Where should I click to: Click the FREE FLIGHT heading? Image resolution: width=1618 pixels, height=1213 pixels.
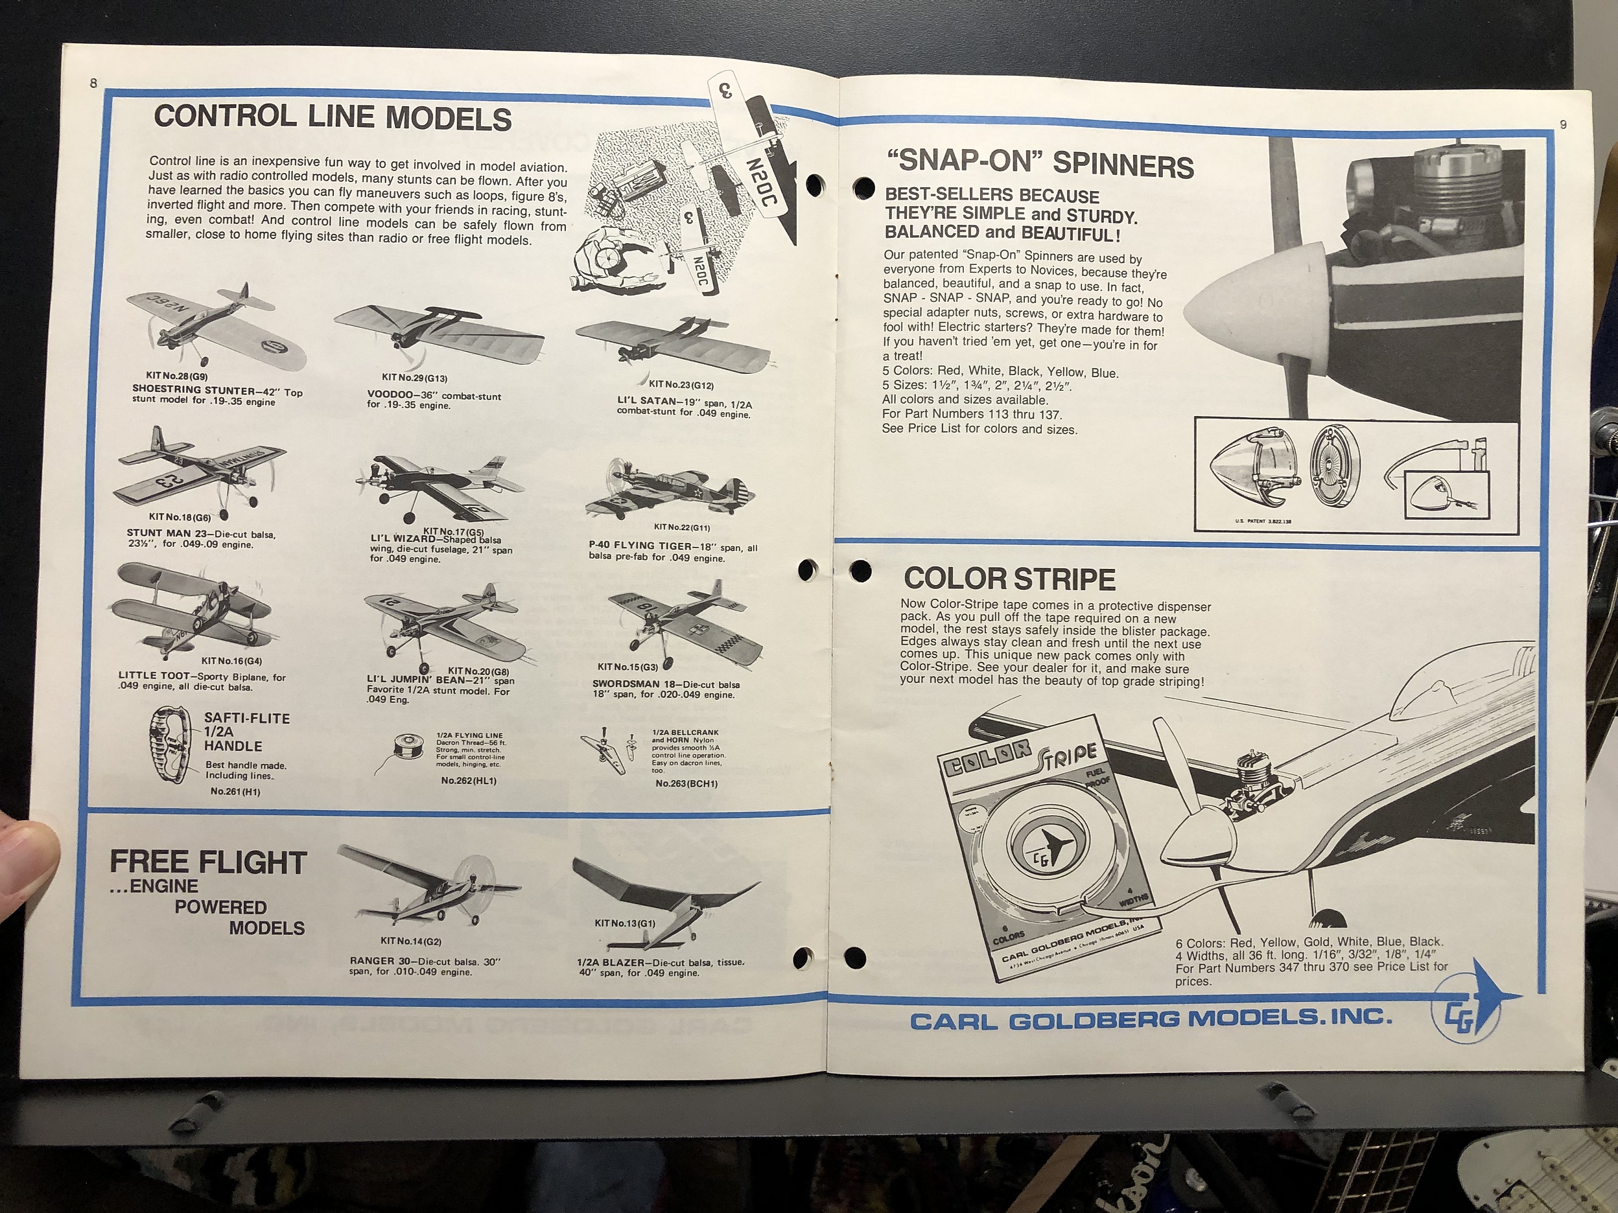(x=207, y=863)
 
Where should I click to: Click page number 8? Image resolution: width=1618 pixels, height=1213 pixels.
(x=93, y=84)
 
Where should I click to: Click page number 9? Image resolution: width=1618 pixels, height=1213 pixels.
(x=1563, y=125)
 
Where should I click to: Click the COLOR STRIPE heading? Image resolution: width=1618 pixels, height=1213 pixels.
(x=1009, y=579)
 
